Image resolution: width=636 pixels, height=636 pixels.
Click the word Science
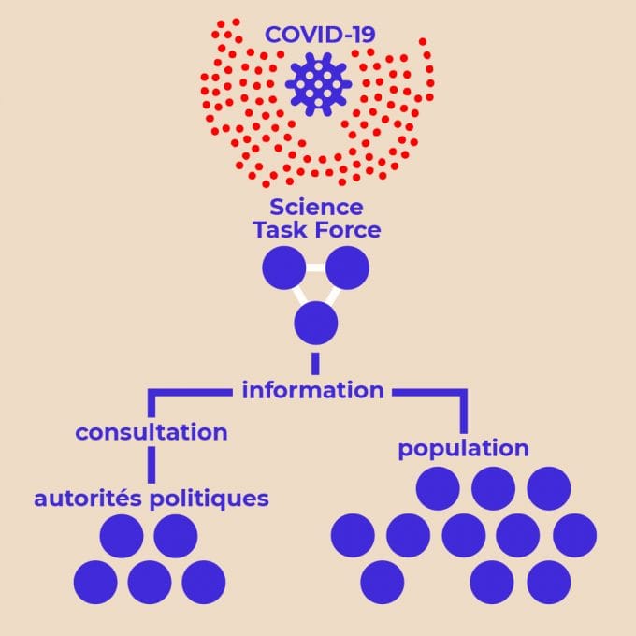[316, 207]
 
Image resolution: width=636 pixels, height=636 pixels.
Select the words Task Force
[316, 229]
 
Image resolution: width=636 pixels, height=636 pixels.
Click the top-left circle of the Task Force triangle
[283, 268]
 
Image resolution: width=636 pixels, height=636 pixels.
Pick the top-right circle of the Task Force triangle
[347, 268]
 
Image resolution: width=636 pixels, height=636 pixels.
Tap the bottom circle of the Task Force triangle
[315, 324]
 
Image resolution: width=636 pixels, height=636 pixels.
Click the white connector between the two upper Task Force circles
[315, 268]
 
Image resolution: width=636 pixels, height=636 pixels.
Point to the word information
[312, 390]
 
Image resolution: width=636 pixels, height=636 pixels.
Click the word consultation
[152, 433]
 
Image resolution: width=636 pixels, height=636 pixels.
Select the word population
[463, 448]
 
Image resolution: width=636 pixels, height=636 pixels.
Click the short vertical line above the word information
[315, 363]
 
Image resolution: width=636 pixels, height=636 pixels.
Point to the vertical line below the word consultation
[152, 464]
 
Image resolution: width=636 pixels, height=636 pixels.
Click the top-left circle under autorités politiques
[122, 536]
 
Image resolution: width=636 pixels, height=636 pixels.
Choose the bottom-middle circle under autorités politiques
[150, 582]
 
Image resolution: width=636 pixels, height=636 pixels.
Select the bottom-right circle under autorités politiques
[204, 582]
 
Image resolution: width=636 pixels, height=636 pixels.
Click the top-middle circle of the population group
[493, 488]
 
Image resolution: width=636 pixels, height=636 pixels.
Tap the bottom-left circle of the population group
[382, 582]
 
